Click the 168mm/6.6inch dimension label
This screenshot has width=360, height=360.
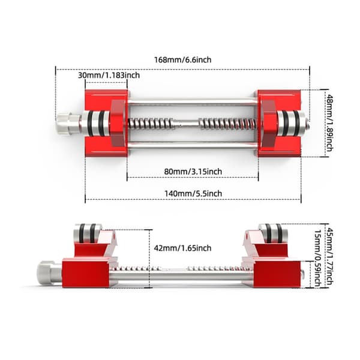click(x=182, y=60)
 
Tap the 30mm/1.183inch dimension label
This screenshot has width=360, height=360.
click(x=109, y=76)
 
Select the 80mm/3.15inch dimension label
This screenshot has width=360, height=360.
click(x=193, y=172)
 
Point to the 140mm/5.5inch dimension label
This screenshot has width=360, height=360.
click(x=193, y=194)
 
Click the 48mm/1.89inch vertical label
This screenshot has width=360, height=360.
click(x=329, y=123)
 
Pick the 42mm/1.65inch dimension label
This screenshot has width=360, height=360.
click(x=182, y=248)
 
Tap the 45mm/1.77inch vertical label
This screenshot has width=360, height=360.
click(x=329, y=256)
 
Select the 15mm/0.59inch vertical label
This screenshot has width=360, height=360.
click(x=317, y=258)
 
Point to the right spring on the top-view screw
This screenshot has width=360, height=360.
click(x=227, y=124)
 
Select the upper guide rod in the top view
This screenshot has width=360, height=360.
click(x=193, y=101)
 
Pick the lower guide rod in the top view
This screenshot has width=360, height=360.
click(x=193, y=146)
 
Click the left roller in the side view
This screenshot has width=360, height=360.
click(x=88, y=233)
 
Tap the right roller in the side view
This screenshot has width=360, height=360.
click(x=274, y=233)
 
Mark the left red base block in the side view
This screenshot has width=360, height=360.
click(x=86, y=272)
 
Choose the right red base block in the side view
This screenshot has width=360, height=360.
click(x=277, y=273)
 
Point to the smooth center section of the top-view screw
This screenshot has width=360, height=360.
click(x=186, y=124)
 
